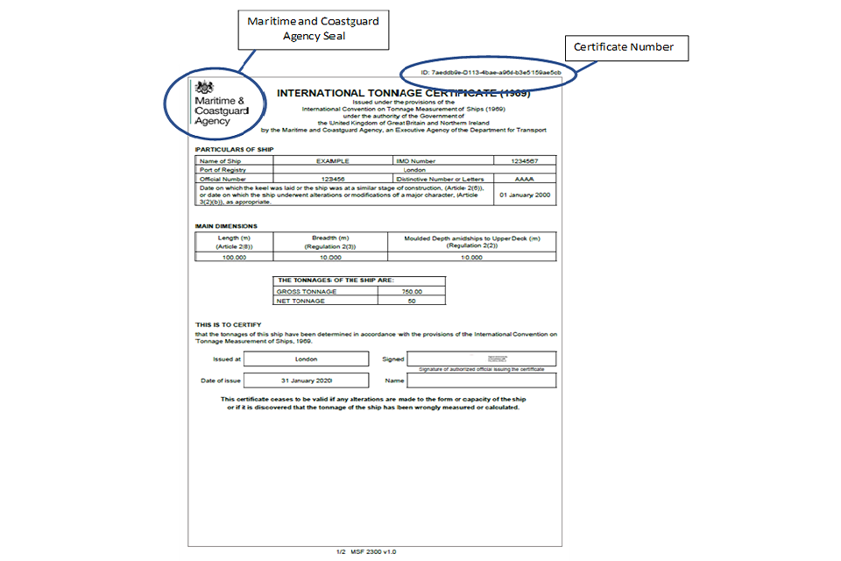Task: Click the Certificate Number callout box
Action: (x=625, y=47)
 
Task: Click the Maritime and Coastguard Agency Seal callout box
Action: (x=314, y=27)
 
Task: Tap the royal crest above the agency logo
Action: (x=204, y=88)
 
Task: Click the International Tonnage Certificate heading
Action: (x=403, y=93)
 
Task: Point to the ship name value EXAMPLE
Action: (x=333, y=161)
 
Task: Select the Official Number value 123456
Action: (x=333, y=178)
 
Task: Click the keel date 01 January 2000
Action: (x=525, y=195)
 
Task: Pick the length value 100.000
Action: (x=234, y=257)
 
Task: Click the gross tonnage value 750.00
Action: (x=411, y=292)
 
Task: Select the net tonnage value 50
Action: (x=411, y=301)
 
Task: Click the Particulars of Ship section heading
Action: (x=234, y=150)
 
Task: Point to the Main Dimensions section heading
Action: (x=226, y=226)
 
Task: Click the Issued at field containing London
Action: (x=307, y=359)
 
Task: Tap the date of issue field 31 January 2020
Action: (x=307, y=380)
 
